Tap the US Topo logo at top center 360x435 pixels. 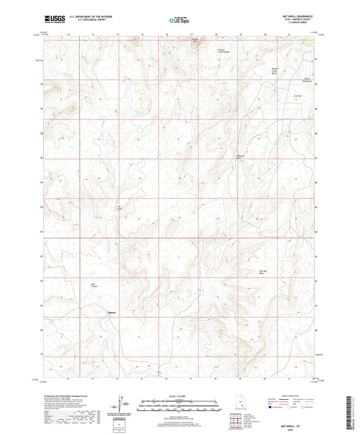point(177,21)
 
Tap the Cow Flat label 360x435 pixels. point(297,97)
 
